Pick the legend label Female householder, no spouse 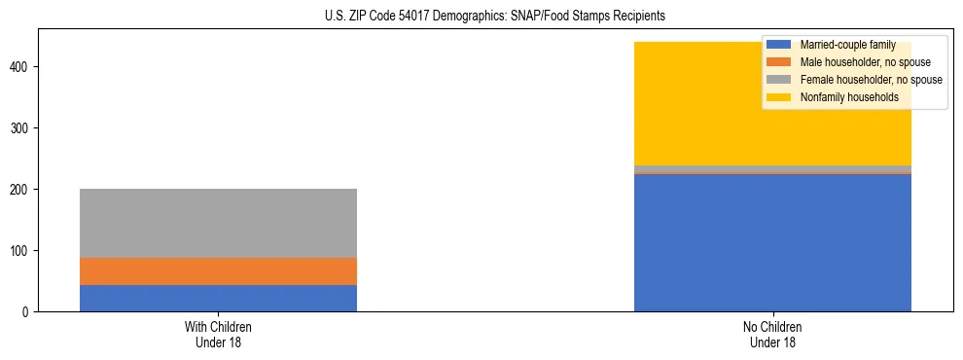click(x=871, y=80)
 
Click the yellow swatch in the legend click(x=779, y=97)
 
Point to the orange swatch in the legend click(x=779, y=62)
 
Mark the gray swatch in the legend click(x=779, y=80)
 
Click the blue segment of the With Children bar click(x=218, y=298)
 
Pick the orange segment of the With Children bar click(x=218, y=271)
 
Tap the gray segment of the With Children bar click(x=218, y=223)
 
